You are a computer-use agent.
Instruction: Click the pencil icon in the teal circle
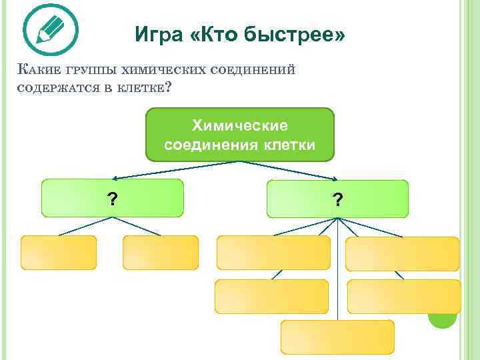[50, 29]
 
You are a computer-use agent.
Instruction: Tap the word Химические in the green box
[239, 125]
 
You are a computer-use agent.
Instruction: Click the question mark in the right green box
[339, 199]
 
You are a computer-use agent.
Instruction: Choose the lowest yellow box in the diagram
[337, 337]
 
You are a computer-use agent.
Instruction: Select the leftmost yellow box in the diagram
[59, 252]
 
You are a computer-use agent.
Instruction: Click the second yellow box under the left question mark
[161, 252]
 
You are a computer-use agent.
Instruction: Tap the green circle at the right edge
[442, 317]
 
